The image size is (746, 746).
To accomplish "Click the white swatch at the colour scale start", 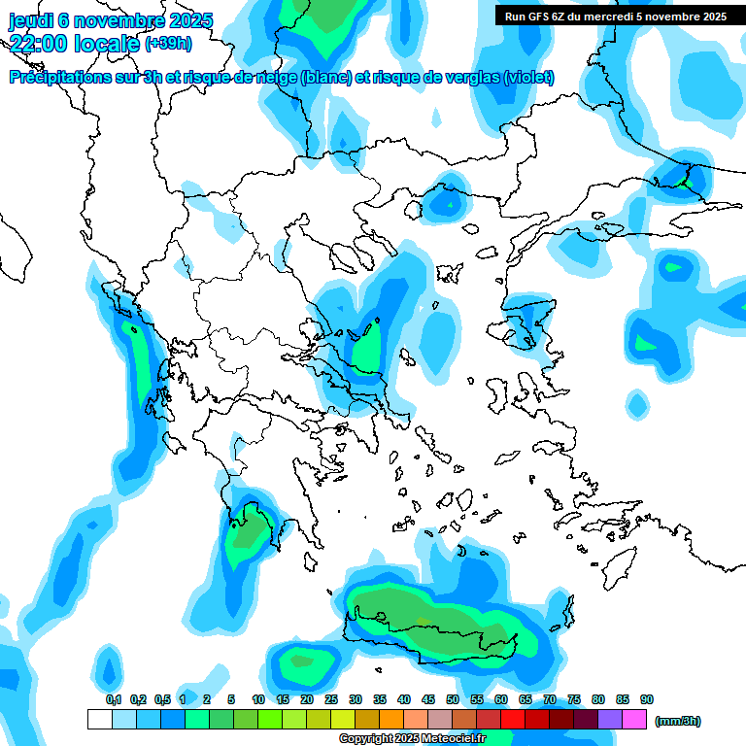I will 99,720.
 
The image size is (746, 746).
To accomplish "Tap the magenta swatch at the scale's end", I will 634,720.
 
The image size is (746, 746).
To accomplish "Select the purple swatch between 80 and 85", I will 610,720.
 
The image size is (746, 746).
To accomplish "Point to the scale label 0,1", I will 114,699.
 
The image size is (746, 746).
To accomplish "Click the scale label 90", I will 646,699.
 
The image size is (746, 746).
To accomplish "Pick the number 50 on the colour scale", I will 453,699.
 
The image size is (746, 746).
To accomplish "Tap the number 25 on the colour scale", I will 331,699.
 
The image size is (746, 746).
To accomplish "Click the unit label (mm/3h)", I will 678,721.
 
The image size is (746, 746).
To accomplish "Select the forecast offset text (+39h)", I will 168,43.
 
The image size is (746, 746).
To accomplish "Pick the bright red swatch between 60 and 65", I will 513,720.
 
